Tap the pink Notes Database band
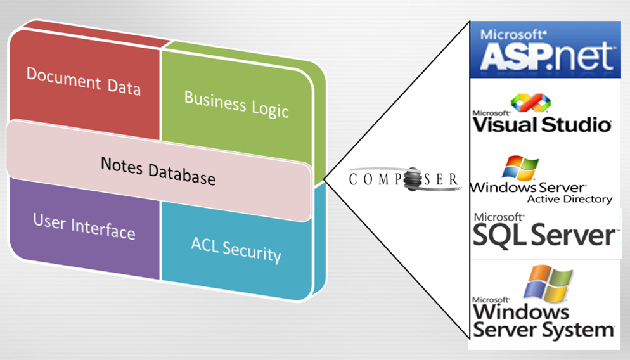(x=158, y=170)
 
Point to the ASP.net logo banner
(x=545, y=49)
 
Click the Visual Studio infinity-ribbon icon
(x=530, y=102)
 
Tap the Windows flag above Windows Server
(x=520, y=167)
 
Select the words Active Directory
(x=570, y=199)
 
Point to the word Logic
(x=270, y=109)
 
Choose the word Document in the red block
(x=63, y=79)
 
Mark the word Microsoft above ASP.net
(x=513, y=35)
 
